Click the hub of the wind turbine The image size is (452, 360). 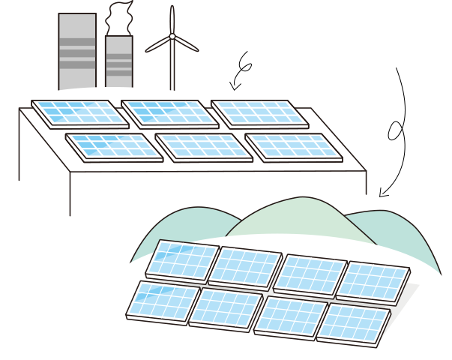(172, 36)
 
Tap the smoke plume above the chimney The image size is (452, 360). (119, 16)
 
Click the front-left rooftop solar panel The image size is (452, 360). (114, 145)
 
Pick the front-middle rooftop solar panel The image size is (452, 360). (203, 145)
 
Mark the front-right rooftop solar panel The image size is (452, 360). (293, 145)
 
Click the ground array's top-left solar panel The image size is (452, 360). (181, 260)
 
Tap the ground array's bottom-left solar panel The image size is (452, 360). (163, 301)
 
